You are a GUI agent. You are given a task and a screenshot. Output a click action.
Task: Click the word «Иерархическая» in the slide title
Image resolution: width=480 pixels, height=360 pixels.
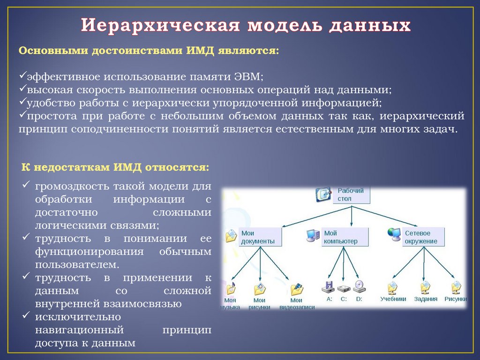click(x=159, y=25)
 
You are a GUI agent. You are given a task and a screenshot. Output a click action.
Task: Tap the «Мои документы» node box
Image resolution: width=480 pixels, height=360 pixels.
click(x=261, y=237)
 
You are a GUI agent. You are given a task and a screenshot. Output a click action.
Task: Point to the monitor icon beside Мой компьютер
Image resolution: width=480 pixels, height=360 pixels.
click(x=313, y=234)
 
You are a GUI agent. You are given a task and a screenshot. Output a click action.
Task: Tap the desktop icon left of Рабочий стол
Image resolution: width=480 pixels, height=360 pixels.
click(x=323, y=194)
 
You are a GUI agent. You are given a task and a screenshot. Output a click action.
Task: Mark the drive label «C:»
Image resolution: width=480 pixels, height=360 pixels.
click(x=344, y=299)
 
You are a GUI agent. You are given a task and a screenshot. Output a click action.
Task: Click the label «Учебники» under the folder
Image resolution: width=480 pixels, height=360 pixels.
click(x=393, y=299)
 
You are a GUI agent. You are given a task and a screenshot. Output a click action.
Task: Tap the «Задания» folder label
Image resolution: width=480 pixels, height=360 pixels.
click(x=426, y=299)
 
